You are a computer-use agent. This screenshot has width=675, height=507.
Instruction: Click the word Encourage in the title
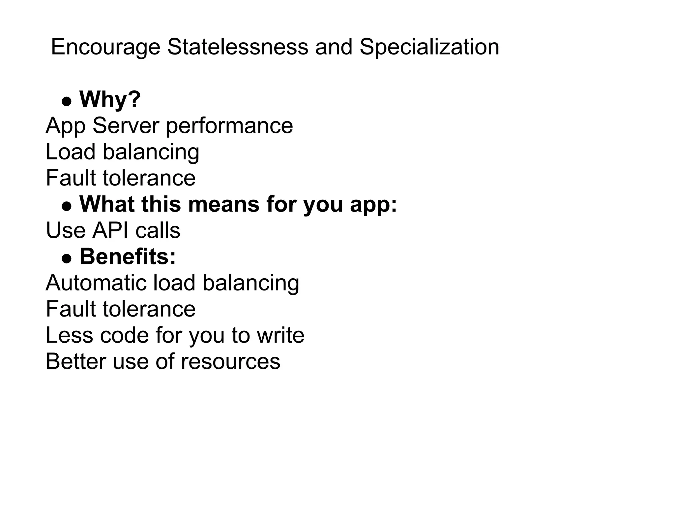tap(105, 47)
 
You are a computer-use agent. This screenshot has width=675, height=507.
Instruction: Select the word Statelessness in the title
tap(238, 47)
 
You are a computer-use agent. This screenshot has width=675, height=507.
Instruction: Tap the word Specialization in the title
tap(429, 47)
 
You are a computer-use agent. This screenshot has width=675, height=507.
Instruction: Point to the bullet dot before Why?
tap(67, 102)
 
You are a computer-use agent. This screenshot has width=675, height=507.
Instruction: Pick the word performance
tap(229, 126)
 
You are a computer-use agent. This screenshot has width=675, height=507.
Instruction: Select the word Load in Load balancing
tap(71, 152)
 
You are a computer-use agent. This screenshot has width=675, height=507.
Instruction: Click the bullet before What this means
tap(67, 207)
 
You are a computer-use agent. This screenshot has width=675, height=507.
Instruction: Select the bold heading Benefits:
tap(128, 256)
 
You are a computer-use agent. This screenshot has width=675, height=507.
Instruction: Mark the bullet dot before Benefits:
tap(67, 259)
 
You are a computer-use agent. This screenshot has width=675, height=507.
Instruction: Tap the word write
tap(280, 335)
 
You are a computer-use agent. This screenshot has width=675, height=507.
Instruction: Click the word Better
tap(76, 361)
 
